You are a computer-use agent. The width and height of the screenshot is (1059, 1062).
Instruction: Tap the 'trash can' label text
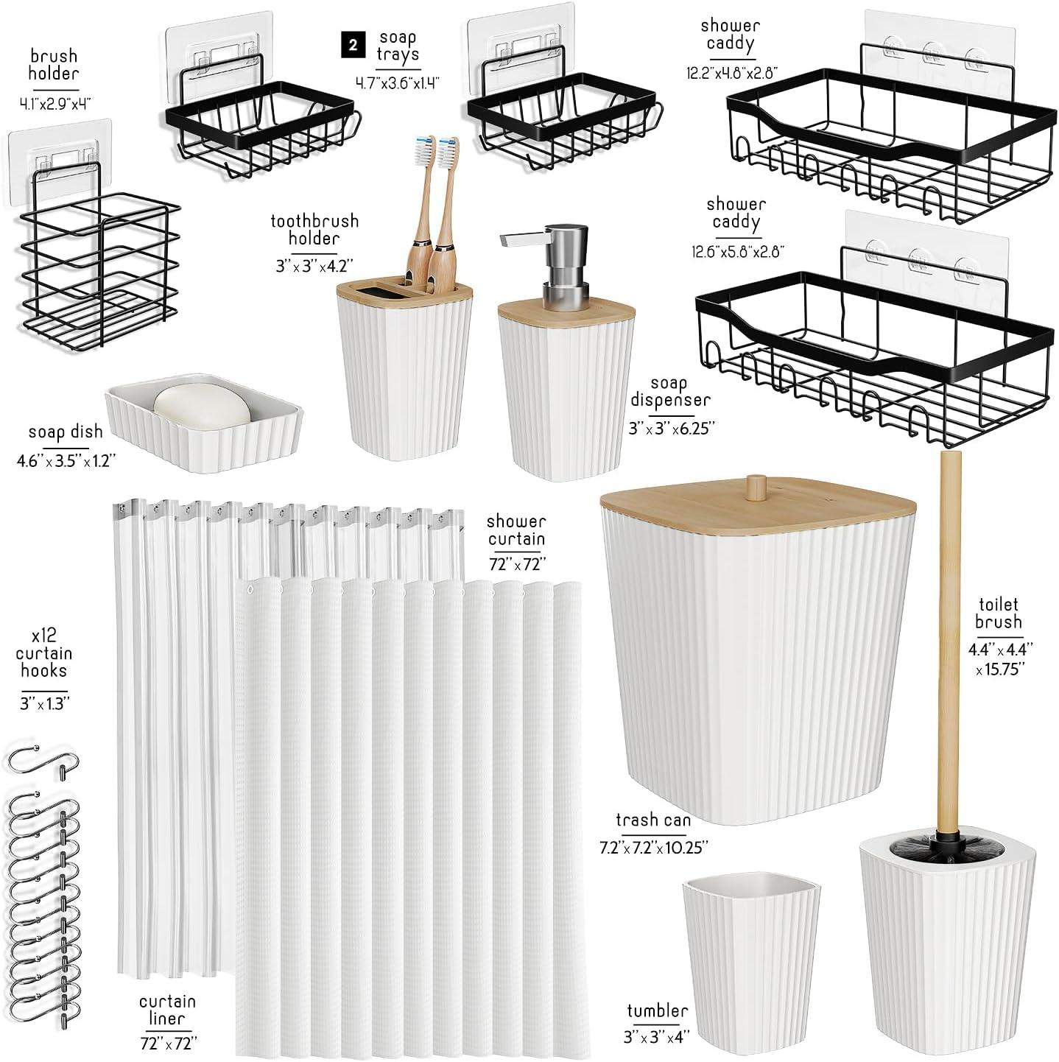[x=653, y=820]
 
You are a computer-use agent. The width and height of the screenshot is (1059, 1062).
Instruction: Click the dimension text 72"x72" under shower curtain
[x=516, y=565]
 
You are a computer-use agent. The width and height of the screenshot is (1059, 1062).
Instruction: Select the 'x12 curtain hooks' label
[x=43, y=653]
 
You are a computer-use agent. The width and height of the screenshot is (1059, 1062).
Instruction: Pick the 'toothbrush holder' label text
[x=314, y=229]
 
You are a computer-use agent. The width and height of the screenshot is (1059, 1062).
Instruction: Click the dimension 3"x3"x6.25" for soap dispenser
[x=671, y=427]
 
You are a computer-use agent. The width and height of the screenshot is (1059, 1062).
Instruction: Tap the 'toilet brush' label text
[x=999, y=613]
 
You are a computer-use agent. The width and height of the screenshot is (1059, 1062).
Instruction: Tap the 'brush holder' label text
[x=54, y=65]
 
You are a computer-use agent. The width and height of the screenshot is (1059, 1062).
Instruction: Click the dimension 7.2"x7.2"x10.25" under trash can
[x=653, y=847]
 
